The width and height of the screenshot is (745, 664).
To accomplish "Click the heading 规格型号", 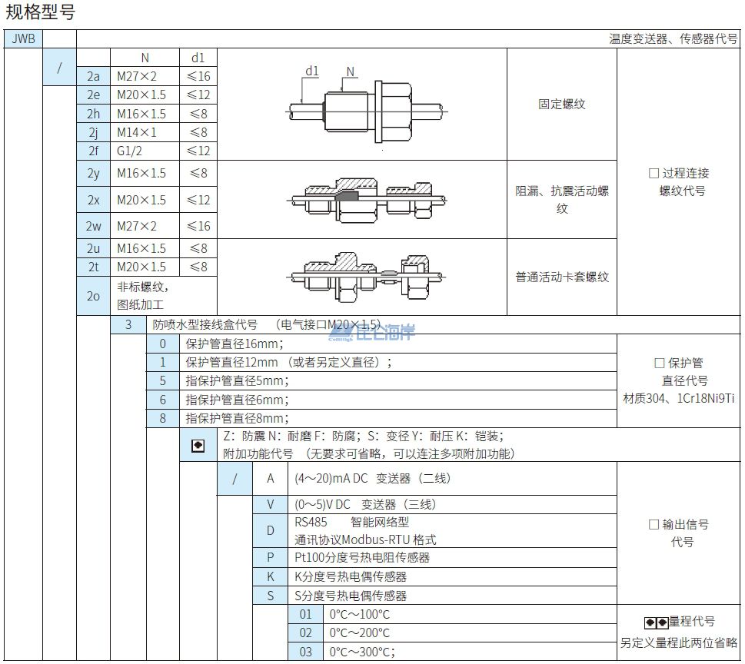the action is coord(41,12).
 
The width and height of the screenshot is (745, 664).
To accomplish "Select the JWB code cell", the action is coord(23,38).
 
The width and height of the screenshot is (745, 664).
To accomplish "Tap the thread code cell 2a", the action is coord(93,76).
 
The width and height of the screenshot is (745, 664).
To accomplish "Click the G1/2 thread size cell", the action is coord(145,151).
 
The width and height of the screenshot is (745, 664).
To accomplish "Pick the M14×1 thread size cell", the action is coord(145,132).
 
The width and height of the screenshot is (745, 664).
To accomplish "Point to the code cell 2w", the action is coord(93,226).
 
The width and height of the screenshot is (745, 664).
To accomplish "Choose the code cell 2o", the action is coord(93,296).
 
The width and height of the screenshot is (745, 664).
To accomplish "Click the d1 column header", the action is coord(198,58).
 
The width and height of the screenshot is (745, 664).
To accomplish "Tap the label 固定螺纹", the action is coord(561,104).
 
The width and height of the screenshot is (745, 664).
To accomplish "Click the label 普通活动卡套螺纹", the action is coord(562,277).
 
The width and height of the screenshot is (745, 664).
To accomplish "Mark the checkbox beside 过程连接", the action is coord(654,174).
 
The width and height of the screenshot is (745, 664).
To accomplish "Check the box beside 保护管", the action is coord(660,363).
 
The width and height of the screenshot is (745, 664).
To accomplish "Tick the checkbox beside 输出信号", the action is coord(654,524).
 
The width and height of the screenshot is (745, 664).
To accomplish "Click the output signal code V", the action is coord(271,504).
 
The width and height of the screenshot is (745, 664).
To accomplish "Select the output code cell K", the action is coord(271,576).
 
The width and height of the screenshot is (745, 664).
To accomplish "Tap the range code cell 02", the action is coord(305,633).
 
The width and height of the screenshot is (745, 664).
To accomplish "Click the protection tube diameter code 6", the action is coord(162,400).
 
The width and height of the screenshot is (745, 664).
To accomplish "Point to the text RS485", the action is coord(311,523).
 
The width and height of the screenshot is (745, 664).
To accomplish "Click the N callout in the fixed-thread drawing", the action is coord(350,71).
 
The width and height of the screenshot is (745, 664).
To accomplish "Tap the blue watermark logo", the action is coord(371,332).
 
